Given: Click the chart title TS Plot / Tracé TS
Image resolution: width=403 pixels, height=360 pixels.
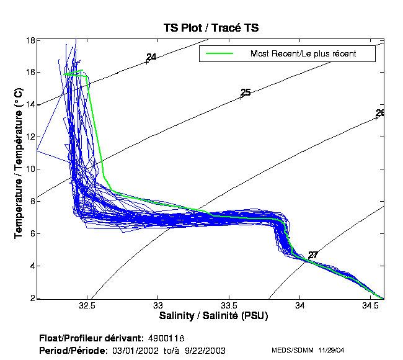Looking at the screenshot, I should pyautogui.click(x=211, y=28).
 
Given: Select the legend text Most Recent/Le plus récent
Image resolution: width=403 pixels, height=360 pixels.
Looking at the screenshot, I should pyautogui.click(x=303, y=54).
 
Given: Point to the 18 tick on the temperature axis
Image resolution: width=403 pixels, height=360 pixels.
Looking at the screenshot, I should pyautogui.click(x=29, y=40).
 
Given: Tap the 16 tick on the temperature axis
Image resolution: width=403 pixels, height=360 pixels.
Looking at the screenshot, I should pyautogui.click(x=29, y=72).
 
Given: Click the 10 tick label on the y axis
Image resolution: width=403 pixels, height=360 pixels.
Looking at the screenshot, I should pyautogui.click(x=29, y=169).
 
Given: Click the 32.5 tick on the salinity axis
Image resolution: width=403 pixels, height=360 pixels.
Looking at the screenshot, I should pyautogui.click(x=87, y=306).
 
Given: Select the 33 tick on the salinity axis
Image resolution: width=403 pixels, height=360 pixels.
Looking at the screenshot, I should pyautogui.click(x=158, y=306).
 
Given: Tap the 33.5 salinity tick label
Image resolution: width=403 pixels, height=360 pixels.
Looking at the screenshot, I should pyautogui.click(x=229, y=306).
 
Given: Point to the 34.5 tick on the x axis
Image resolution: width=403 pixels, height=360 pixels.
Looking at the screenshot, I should pyautogui.click(x=370, y=306).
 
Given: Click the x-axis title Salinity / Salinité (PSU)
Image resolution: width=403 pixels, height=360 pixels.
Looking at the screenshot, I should pyautogui.click(x=214, y=316).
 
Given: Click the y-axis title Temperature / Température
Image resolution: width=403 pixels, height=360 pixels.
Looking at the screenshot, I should pyautogui.click(x=19, y=163).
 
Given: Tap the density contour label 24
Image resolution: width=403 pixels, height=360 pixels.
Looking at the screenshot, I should pyautogui.click(x=151, y=58).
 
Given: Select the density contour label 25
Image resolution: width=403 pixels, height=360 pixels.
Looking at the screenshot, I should pyautogui.click(x=246, y=92).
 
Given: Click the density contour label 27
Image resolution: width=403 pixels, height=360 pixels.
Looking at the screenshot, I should pyautogui.click(x=313, y=255).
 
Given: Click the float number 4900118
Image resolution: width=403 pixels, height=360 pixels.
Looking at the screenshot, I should pyautogui.click(x=167, y=338).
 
